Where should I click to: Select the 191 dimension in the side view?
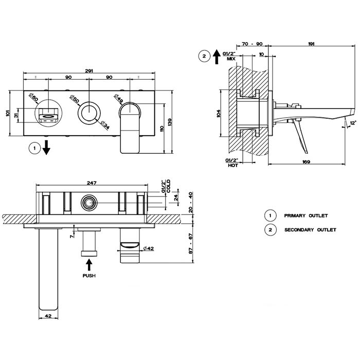(x=312, y=45)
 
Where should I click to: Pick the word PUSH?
(x=89, y=276)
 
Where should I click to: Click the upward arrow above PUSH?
(x=89, y=264)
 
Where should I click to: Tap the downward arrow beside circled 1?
(x=47, y=148)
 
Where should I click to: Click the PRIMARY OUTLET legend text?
(x=306, y=215)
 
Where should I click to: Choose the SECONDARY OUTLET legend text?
(x=310, y=230)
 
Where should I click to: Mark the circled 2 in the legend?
(x=269, y=230)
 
